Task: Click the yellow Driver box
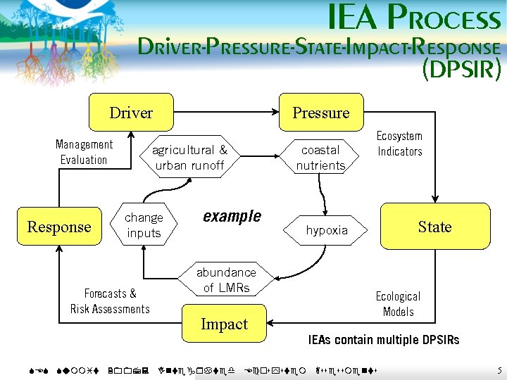coord(131,113)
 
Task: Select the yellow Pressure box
coord(320,113)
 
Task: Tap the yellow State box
coord(434,227)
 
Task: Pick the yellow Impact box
coord(224,324)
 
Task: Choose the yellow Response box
coord(59,227)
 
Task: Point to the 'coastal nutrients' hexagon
coord(320,158)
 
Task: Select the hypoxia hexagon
coord(327,230)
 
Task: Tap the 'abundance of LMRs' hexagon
coord(225,280)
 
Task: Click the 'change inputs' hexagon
coord(144,225)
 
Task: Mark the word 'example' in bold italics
coord(232,216)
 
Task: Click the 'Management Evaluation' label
coord(84,152)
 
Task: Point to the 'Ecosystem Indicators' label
coord(399,144)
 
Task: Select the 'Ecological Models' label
coord(398,304)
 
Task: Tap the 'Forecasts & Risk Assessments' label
coord(110,301)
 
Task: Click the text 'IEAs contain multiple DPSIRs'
coord(383,341)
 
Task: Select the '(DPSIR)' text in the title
coord(461,70)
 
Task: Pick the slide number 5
coord(499,370)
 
